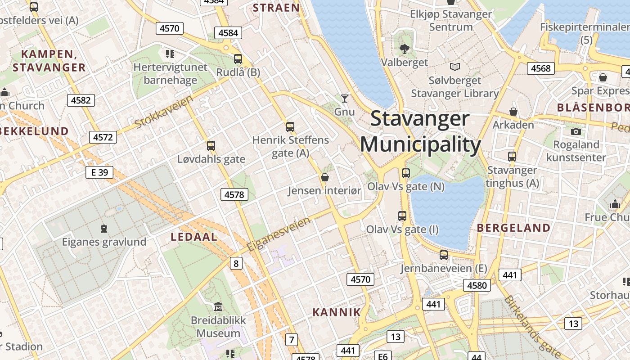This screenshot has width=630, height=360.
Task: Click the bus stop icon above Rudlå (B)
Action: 238,59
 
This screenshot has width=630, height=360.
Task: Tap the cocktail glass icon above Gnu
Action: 345,98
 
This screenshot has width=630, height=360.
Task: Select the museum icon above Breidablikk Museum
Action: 218,307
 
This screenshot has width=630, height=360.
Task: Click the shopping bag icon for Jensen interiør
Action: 324,177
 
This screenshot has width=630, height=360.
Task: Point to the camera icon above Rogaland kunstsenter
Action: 576,131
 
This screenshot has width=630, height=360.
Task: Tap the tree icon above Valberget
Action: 404,49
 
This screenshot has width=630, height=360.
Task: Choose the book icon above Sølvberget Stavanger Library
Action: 455,67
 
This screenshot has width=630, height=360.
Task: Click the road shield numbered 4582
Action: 81,100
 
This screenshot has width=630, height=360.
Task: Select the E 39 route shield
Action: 99,172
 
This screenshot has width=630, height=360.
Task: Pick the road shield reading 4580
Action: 477,285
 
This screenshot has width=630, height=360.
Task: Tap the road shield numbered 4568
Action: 540,68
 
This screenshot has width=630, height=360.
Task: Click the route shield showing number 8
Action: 236,263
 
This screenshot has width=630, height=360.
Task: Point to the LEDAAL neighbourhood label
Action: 194,237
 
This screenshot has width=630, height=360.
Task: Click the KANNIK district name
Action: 337,312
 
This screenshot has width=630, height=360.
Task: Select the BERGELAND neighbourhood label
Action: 513,228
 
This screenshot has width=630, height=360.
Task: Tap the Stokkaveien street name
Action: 164,111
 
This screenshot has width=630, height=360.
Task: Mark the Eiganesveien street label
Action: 279,234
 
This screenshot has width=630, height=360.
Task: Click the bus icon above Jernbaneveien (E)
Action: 444,255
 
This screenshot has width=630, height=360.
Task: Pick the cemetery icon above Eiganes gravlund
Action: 104,229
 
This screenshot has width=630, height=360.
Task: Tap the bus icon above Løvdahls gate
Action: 211,146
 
